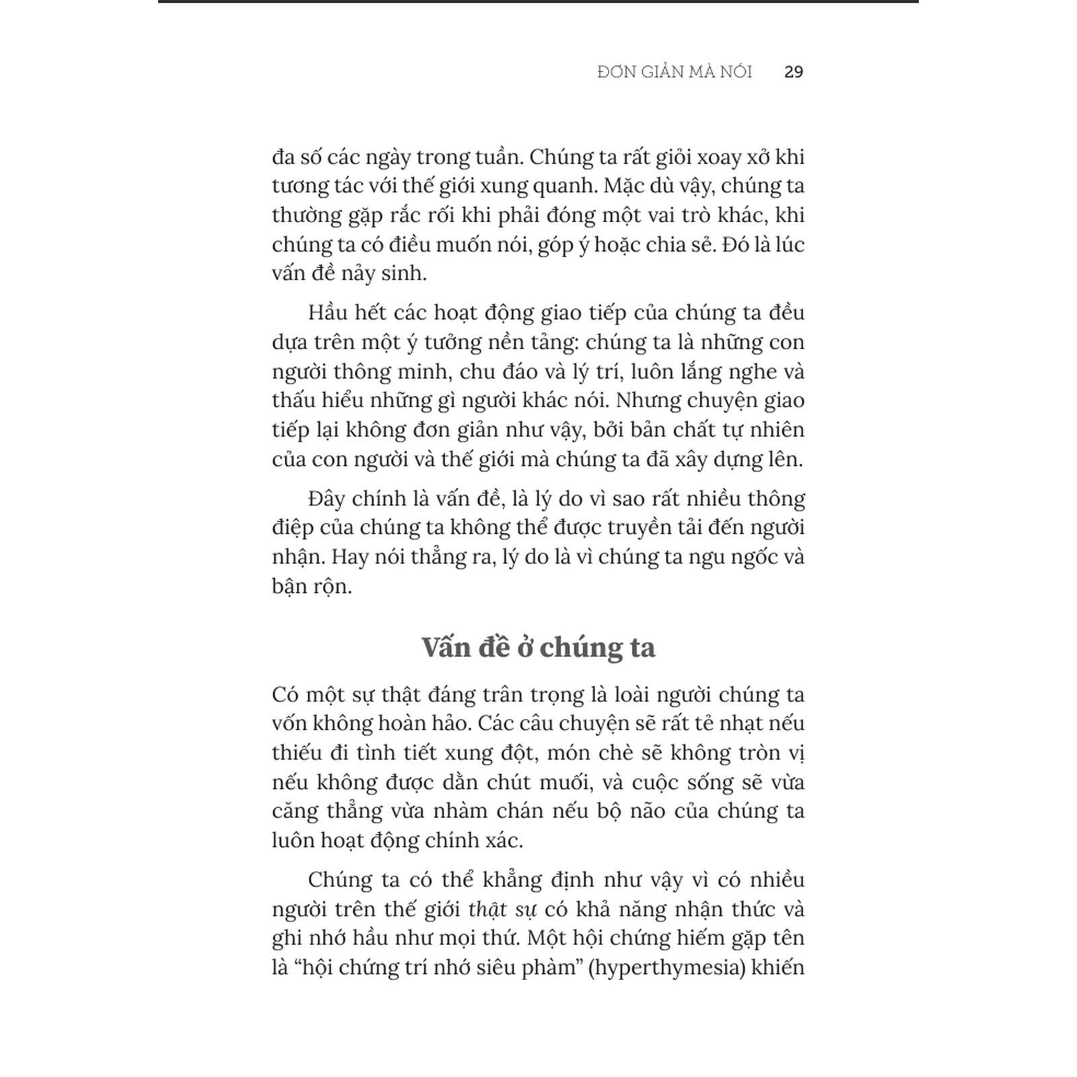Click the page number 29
click(794, 72)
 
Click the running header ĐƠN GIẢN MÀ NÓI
click(674, 72)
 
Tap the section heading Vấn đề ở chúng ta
click(538, 647)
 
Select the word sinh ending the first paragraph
click(406, 274)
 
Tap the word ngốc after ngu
click(754, 557)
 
